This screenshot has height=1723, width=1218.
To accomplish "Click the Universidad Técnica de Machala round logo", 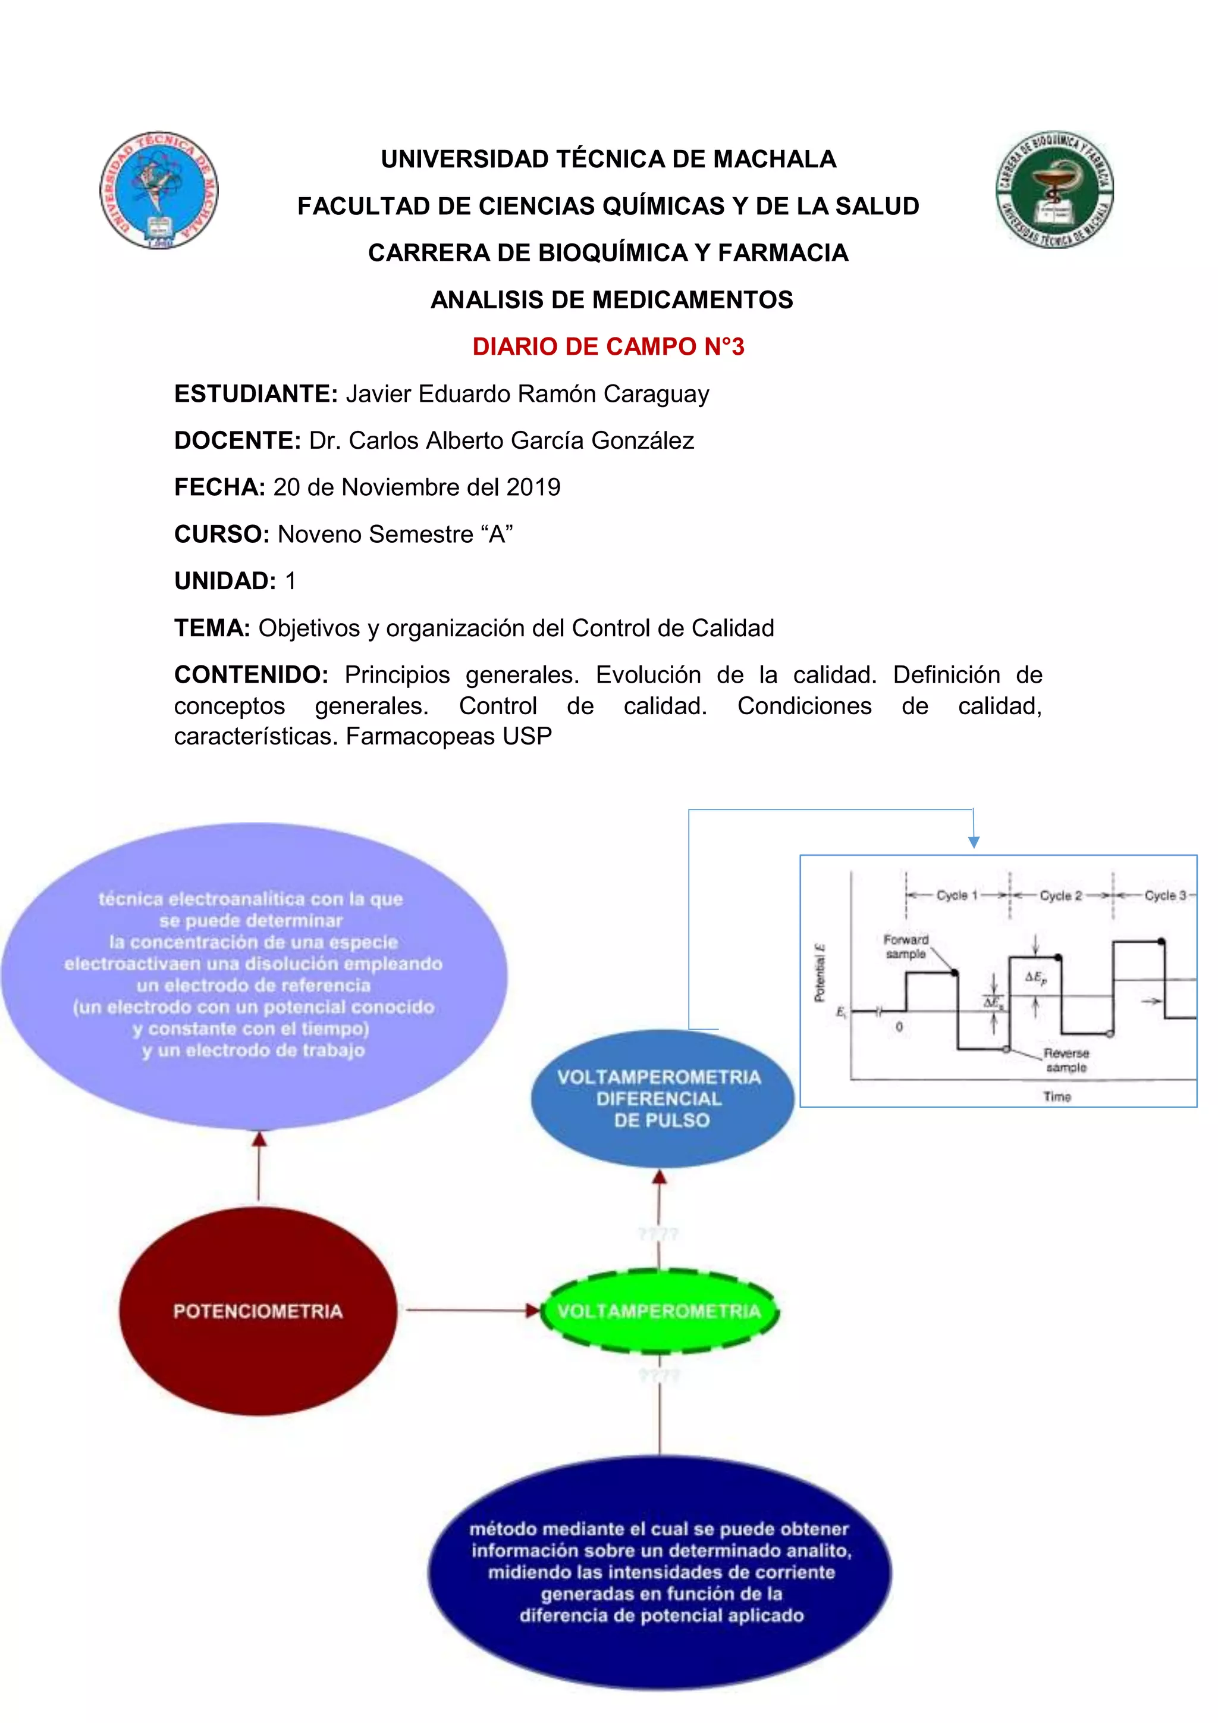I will pyautogui.click(x=159, y=190).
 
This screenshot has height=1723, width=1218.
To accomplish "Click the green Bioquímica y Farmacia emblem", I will pyautogui.click(x=1054, y=190).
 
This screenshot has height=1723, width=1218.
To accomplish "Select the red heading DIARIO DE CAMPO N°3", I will pyautogui.click(x=608, y=347).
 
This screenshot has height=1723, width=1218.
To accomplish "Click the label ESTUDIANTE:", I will pyautogui.click(x=256, y=394).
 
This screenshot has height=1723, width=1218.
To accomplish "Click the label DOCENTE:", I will pyautogui.click(x=238, y=440).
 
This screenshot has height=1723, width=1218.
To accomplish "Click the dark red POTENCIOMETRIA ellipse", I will pyautogui.click(x=258, y=1311).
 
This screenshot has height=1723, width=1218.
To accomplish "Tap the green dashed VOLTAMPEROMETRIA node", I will pyautogui.click(x=659, y=1311).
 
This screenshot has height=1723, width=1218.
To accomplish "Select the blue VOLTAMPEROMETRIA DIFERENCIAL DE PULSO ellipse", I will pyautogui.click(x=661, y=1099).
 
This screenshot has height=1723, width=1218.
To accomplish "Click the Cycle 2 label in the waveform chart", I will pyautogui.click(x=1060, y=895).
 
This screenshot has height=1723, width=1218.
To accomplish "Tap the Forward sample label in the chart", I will pyautogui.click(x=906, y=946).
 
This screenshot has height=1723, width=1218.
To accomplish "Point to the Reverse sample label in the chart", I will pyautogui.click(x=1066, y=1059).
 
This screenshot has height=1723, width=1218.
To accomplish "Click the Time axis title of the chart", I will pyautogui.click(x=1057, y=1096).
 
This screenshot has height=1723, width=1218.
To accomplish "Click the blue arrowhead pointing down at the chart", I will pyautogui.click(x=974, y=842).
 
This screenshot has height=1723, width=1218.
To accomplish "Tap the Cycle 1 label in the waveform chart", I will pyautogui.click(x=957, y=895).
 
